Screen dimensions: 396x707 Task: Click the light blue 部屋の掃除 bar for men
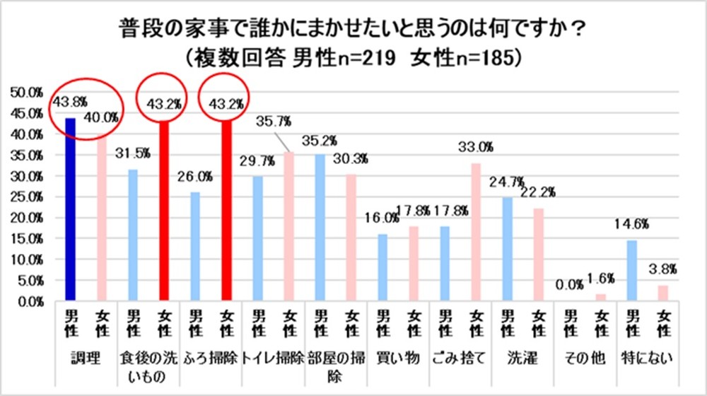point(319,227)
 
